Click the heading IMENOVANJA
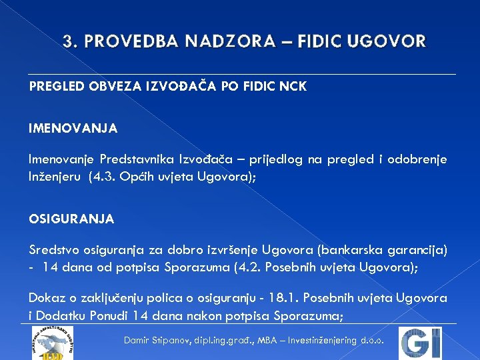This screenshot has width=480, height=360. pyautogui.click(x=73, y=127)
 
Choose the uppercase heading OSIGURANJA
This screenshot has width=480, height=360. pyautogui.click(x=71, y=219)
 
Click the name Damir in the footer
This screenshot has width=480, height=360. pyautogui.click(x=138, y=340)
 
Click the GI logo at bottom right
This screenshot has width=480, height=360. pyautogui.click(x=420, y=343)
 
